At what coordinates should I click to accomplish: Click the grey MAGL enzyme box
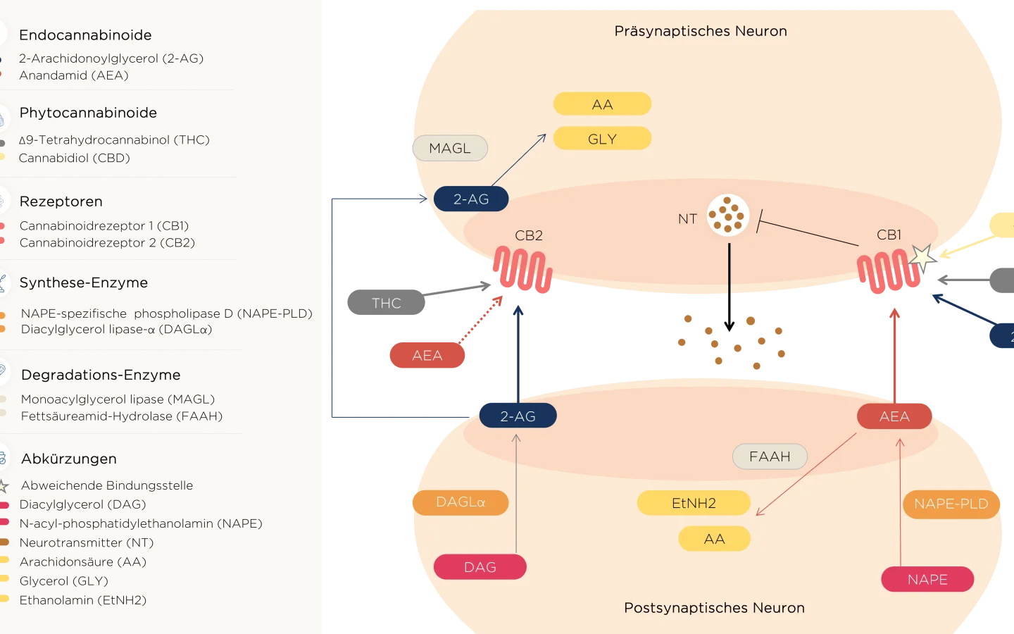click(450, 148)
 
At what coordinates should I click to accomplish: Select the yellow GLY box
click(602, 139)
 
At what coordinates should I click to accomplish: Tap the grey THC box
click(386, 303)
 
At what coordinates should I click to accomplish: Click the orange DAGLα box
click(460, 502)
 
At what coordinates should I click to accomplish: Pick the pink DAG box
click(480, 567)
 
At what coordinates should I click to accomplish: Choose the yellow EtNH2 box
click(694, 503)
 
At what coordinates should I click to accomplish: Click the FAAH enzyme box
click(770, 456)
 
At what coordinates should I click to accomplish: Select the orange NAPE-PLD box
click(951, 504)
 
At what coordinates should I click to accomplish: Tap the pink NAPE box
click(927, 580)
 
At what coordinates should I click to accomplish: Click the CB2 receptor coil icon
click(522, 269)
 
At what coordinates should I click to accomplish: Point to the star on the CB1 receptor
click(922, 257)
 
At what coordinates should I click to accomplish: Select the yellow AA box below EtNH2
click(714, 539)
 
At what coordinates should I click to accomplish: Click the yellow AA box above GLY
click(602, 104)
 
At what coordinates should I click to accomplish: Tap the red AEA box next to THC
click(427, 356)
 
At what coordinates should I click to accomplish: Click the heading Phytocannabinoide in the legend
click(88, 113)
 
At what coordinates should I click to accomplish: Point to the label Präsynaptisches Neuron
click(701, 31)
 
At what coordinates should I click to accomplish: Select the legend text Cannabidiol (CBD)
click(75, 158)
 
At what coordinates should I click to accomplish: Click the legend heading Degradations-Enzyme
click(101, 375)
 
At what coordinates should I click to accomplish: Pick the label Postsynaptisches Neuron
click(714, 608)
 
